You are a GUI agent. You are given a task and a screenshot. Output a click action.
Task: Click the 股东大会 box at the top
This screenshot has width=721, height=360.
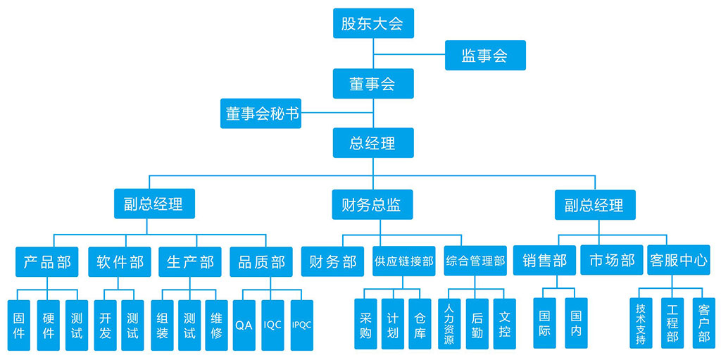[372, 23]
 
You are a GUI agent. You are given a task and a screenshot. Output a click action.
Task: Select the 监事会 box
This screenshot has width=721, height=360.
[485, 56]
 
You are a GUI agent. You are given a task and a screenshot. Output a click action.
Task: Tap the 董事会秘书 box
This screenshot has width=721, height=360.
[261, 113]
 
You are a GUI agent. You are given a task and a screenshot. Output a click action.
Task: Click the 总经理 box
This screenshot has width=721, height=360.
[372, 143]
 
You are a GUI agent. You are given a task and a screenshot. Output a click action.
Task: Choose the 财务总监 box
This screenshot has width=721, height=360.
[372, 205]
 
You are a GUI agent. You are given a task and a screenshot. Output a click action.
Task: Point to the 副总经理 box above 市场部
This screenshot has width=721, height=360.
[594, 205]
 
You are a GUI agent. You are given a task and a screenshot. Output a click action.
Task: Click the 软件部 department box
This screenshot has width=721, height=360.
[120, 262]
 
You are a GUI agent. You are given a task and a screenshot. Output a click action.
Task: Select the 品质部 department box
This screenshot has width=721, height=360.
[261, 262]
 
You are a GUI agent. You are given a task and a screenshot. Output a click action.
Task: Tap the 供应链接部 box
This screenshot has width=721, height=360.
[404, 261]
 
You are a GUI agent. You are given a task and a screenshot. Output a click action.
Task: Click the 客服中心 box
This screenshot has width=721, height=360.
[679, 260]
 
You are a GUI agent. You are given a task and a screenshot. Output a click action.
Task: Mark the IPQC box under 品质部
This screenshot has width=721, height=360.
[301, 325]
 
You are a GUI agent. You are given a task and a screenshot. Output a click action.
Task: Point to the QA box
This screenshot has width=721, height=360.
[244, 325]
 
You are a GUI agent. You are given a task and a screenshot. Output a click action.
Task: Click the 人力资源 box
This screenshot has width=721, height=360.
[449, 324]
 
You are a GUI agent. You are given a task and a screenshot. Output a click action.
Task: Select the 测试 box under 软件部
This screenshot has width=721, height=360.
[132, 325]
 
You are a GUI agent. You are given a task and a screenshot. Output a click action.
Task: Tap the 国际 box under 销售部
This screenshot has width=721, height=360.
[544, 323]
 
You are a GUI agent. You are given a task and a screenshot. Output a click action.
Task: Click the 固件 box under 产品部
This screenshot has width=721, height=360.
[19, 325]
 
